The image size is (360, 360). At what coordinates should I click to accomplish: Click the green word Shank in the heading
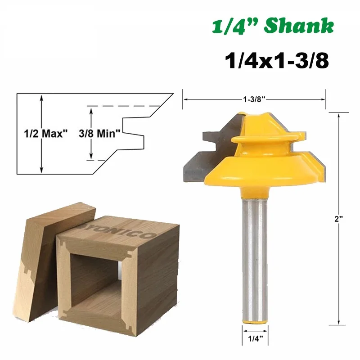(x=299, y=27)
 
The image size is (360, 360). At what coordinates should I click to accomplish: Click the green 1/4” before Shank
(x=236, y=27)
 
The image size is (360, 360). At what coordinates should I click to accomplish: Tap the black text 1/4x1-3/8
(x=276, y=60)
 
